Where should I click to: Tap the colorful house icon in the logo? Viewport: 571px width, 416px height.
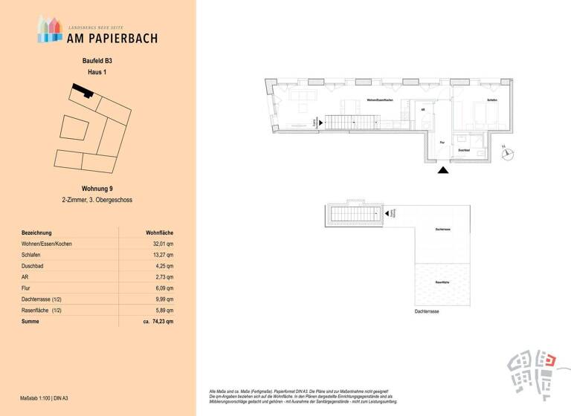pyautogui.click(x=50, y=30)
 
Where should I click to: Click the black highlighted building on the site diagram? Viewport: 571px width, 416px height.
pyautogui.click(x=80, y=91)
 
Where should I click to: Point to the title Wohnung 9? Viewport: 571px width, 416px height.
pyautogui.click(x=97, y=189)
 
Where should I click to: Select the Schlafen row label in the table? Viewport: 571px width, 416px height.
pyautogui.click(x=33, y=255)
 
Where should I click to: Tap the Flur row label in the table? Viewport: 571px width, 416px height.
pyautogui.click(x=27, y=287)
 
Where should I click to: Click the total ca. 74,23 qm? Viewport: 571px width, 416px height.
pyautogui.click(x=158, y=321)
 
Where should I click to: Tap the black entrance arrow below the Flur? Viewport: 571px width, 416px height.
pyautogui.click(x=443, y=170)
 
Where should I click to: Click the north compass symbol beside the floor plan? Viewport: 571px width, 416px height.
pyautogui.click(x=509, y=154)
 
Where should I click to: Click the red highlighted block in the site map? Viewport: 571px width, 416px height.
pyautogui.click(x=550, y=361)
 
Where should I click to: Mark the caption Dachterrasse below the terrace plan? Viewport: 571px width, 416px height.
pyautogui.click(x=427, y=312)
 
